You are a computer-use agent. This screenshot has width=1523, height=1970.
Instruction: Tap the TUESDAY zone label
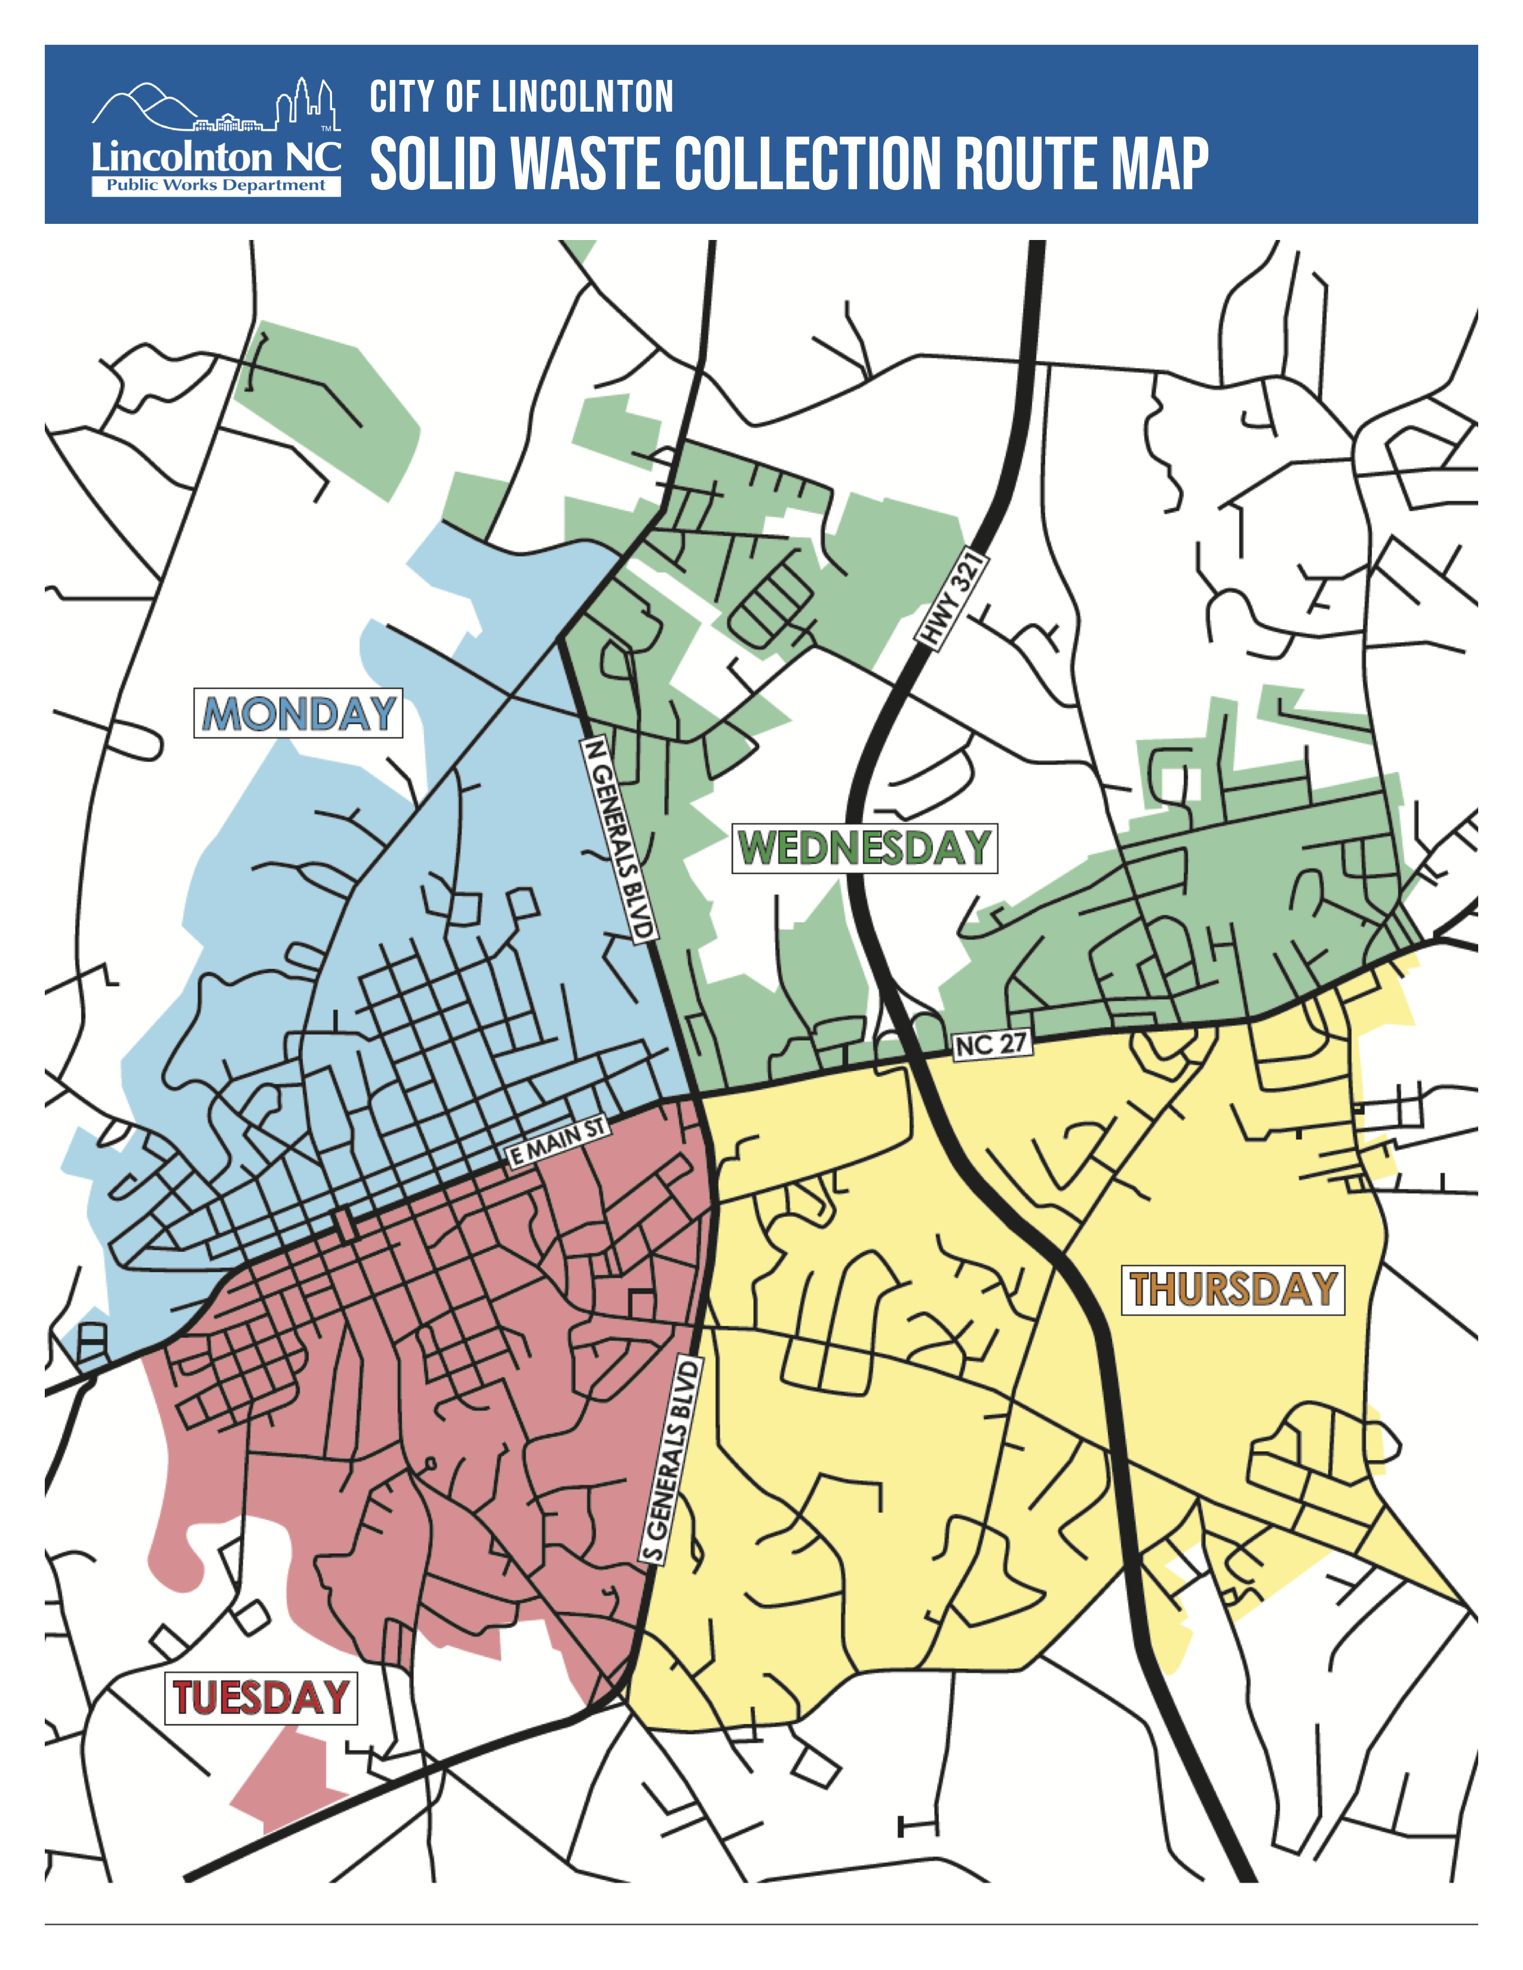pyautogui.click(x=261, y=1698)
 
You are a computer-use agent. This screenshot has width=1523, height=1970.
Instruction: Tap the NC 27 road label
pyautogui.click(x=991, y=1045)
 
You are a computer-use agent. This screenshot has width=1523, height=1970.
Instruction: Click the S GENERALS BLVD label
pyautogui.click(x=670, y=1461)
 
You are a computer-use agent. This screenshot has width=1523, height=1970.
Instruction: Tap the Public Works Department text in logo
pyautogui.click(x=216, y=185)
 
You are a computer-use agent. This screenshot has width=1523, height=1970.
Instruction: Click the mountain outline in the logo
pyautogui.click(x=145, y=104)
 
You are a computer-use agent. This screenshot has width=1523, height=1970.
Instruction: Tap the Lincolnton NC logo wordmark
pyautogui.click(x=216, y=157)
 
